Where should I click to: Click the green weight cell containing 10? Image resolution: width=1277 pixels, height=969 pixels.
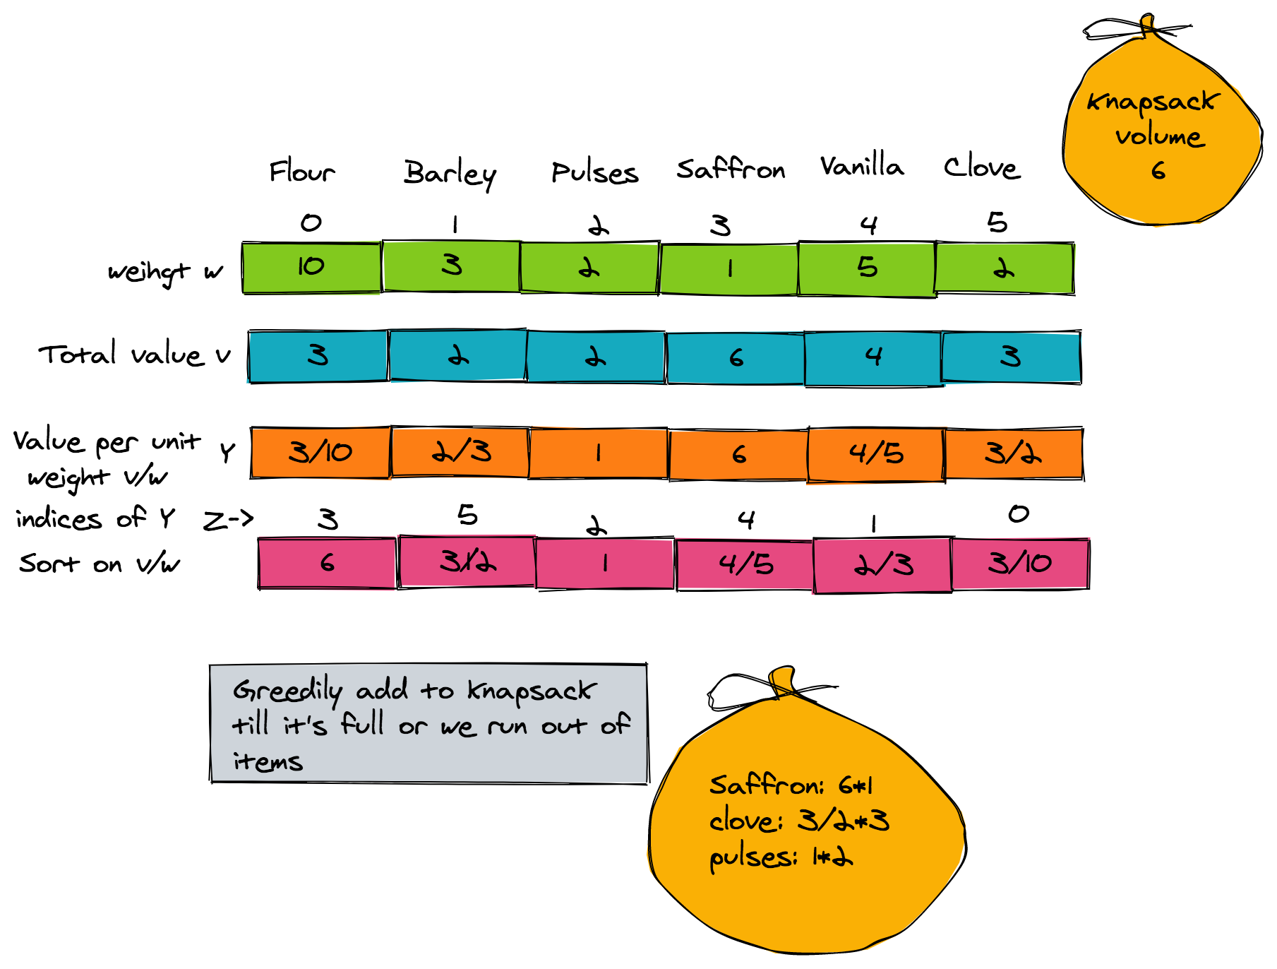(x=311, y=267)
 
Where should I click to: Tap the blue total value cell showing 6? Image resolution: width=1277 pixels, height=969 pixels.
(x=736, y=358)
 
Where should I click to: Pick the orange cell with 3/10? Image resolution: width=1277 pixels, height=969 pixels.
(x=320, y=452)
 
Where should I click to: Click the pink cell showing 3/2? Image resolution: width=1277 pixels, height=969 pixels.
(x=467, y=561)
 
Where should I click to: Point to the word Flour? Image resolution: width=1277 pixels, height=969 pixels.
(x=302, y=171)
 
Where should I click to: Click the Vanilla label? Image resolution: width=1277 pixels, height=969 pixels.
(x=862, y=165)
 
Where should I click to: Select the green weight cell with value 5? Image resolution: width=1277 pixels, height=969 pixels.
(x=867, y=268)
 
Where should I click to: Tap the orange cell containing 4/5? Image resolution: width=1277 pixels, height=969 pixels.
(x=876, y=454)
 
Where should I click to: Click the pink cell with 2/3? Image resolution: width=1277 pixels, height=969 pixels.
(x=883, y=565)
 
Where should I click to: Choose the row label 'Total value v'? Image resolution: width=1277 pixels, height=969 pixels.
(x=135, y=354)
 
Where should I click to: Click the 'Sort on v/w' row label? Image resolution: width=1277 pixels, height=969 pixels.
(x=100, y=564)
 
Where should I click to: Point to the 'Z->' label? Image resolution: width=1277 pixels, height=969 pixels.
(x=228, y=521)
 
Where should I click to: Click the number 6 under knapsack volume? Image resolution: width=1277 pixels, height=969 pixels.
(x=1158, y=170)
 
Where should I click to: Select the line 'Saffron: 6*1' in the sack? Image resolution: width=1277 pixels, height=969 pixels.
(x=791, y=785)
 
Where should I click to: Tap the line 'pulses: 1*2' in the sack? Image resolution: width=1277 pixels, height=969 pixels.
(x=781, y=857)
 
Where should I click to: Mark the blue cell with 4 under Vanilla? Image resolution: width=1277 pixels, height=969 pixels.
(x=873, y=358)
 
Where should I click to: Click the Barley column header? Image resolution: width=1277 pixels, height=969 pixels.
(x=450, y=174)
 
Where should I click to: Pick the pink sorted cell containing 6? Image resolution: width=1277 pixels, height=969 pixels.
(x=327, y=563)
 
